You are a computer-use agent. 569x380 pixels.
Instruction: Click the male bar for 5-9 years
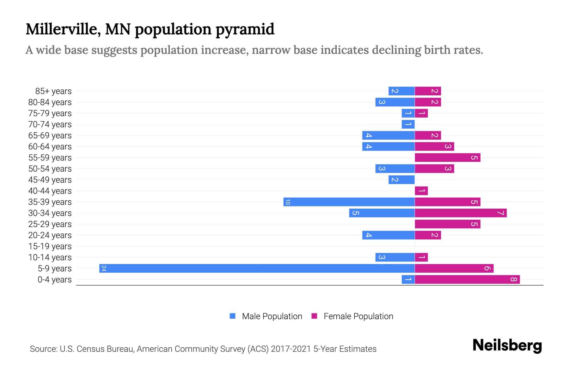click(257, 269)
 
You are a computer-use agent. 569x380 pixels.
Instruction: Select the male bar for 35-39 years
click(349, 202)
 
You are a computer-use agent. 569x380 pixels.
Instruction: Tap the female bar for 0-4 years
click(467, 280)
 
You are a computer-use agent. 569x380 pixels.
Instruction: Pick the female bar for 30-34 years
click(461, 213)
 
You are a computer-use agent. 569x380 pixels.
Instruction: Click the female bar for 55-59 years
click(447, 158)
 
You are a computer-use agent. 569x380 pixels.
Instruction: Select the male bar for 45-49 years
click(401, 180)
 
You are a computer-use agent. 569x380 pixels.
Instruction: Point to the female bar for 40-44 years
click(421, 191)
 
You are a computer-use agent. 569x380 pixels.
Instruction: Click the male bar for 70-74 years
click(408, 124)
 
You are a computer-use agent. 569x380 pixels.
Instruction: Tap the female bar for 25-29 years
click(447, 224)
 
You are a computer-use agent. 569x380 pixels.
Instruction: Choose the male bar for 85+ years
click(401, 91)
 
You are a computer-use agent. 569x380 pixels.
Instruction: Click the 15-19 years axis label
click(50, 246)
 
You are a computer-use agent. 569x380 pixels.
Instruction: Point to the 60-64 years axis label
click(50, 147)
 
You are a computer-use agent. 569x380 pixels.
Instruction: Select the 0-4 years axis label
click(54, 280)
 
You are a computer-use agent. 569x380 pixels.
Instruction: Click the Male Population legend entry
click(272, 316)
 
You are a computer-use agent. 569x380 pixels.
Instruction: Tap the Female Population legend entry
click(358, 316)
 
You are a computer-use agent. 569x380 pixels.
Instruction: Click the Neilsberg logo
click(507, 345)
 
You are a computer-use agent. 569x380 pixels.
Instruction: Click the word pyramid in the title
click(245, 29)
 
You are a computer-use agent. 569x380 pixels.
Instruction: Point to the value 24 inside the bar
click(104, 269)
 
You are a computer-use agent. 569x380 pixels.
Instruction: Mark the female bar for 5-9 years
click(454, 269)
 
